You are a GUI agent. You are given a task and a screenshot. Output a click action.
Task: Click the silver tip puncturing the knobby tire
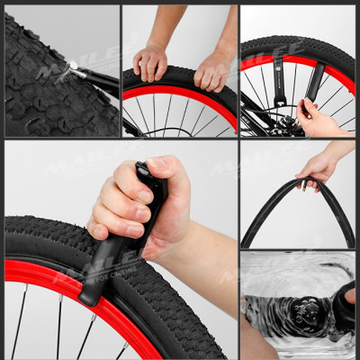tap(72, 65)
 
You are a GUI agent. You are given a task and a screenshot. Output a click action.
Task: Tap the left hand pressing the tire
tap(150, 63)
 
